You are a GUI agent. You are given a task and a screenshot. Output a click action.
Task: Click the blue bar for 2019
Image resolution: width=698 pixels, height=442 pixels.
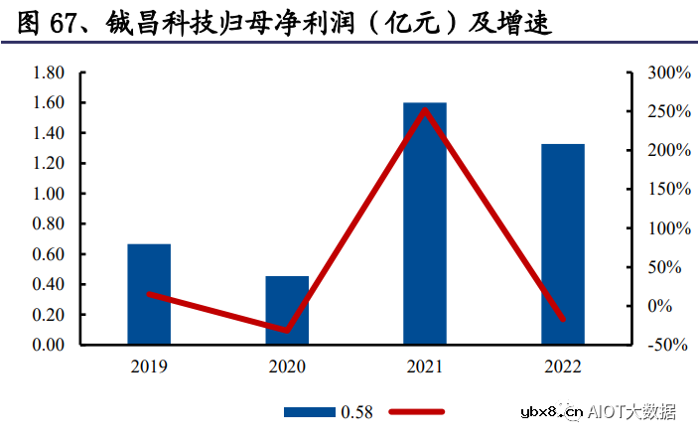[x=149, y=294]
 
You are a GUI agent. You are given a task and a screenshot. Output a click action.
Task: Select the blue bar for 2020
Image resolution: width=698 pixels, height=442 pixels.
[x=287, y=310]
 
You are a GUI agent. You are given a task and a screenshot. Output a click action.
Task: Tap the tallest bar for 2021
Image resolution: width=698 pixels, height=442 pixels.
[x=425, y=223]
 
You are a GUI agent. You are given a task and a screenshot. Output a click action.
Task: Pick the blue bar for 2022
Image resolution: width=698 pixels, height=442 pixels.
[x=563, y=244]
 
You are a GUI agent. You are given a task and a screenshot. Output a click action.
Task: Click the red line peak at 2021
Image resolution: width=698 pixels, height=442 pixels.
[x=425, y=109]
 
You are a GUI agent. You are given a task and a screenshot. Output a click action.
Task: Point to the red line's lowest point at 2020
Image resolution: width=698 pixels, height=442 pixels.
[x=287, y=330]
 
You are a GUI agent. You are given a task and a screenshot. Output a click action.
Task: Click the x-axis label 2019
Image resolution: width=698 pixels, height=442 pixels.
[x=149, y=367]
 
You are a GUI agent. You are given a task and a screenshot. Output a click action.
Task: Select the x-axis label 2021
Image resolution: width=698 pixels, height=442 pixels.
[x=425, y=367]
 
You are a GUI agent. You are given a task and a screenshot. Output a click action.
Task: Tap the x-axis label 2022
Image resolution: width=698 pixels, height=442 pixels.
[x=563, y=367]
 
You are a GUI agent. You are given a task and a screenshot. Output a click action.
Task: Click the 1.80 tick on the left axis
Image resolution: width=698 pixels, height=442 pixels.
[x=49, y=74]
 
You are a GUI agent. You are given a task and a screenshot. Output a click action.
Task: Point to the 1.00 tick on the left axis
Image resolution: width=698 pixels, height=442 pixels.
[x=49, y=194]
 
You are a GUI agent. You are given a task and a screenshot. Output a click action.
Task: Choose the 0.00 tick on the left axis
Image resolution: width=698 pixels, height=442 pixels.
[x=49, y=345]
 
